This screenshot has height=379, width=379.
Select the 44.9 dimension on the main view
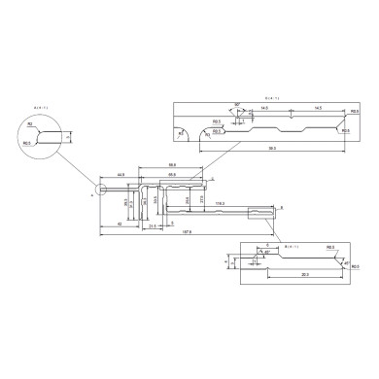[120, 175]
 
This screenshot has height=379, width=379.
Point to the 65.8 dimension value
[171, 175]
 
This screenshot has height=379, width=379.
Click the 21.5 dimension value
[153, 225]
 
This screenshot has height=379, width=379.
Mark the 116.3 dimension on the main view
[221, 203]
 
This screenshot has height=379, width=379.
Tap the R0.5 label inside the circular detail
[28, 142]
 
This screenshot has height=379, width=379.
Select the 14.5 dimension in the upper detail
[305, 109]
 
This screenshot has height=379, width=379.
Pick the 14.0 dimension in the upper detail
[263, 109]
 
